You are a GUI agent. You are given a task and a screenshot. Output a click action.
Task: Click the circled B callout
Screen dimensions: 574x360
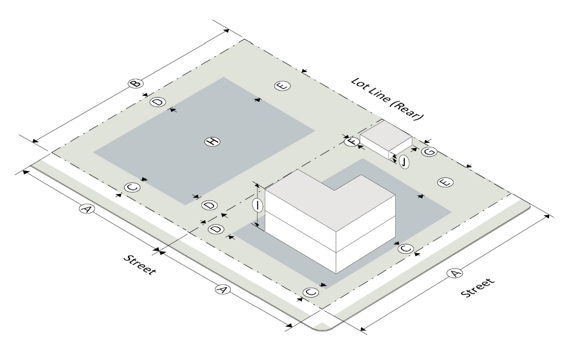pos(136,83)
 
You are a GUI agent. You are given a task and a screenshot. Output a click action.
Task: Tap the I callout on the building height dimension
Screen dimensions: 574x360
pos(258,204)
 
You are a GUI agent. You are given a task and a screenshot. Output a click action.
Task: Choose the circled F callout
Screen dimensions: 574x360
pos(351,141)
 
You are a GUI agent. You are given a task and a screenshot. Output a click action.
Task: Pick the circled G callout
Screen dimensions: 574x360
pos(429,151)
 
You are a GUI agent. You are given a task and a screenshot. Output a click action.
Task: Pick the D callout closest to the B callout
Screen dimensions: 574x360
pos(157,102)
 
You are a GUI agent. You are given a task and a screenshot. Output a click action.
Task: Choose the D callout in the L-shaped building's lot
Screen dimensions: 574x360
pos(216,229)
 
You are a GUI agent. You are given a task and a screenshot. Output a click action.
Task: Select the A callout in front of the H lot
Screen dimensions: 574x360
pos(87,210)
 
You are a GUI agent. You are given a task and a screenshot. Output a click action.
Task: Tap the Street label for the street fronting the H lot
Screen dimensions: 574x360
pos(139,264)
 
